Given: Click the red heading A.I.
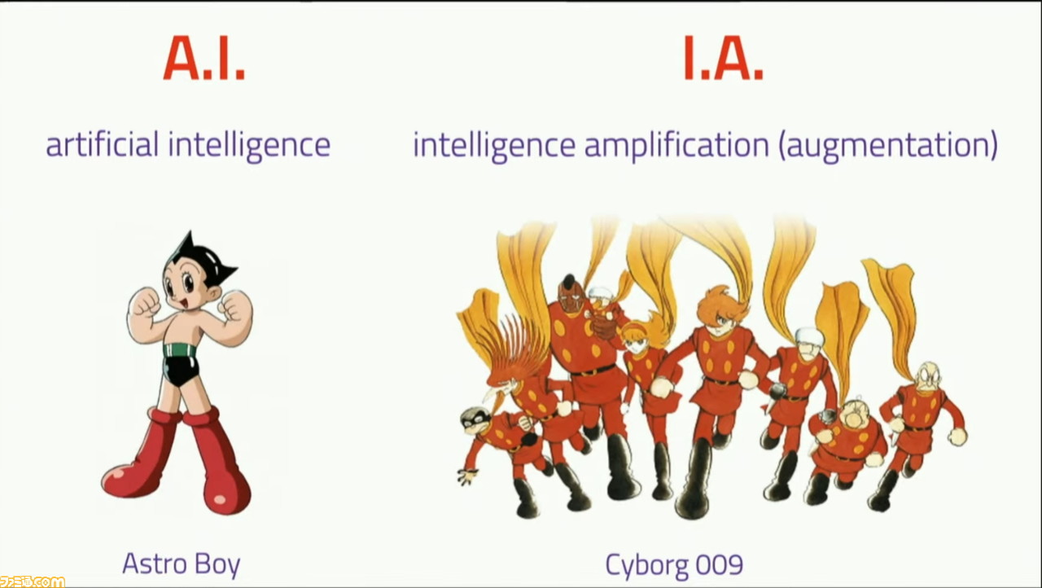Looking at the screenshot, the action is pyautogui.click(x=204, y=59).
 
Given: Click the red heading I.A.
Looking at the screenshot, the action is pyautogui.click(x=723, y=59).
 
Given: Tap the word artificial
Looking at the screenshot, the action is pyautogui.click(x=103, y=144).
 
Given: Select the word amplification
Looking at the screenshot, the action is pyautogui.click(x=676, y=146).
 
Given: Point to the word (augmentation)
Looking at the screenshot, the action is pyautogui.click(x=888, y=146).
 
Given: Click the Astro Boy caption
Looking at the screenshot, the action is pyautogui.click(x=181, y=564).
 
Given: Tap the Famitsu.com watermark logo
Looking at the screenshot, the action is pyautogui.click(x=32, y=581).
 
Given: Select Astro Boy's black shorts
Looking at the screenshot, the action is pyautogui.click(x=181, y=371).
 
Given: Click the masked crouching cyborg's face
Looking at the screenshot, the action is pyautogui.click(x=475, y=420).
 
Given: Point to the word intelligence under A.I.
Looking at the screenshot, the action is pyautogui.click(x=249, y=146).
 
